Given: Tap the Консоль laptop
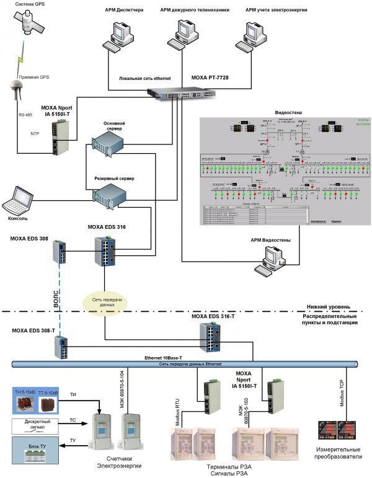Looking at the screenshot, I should (x=19, y=200).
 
